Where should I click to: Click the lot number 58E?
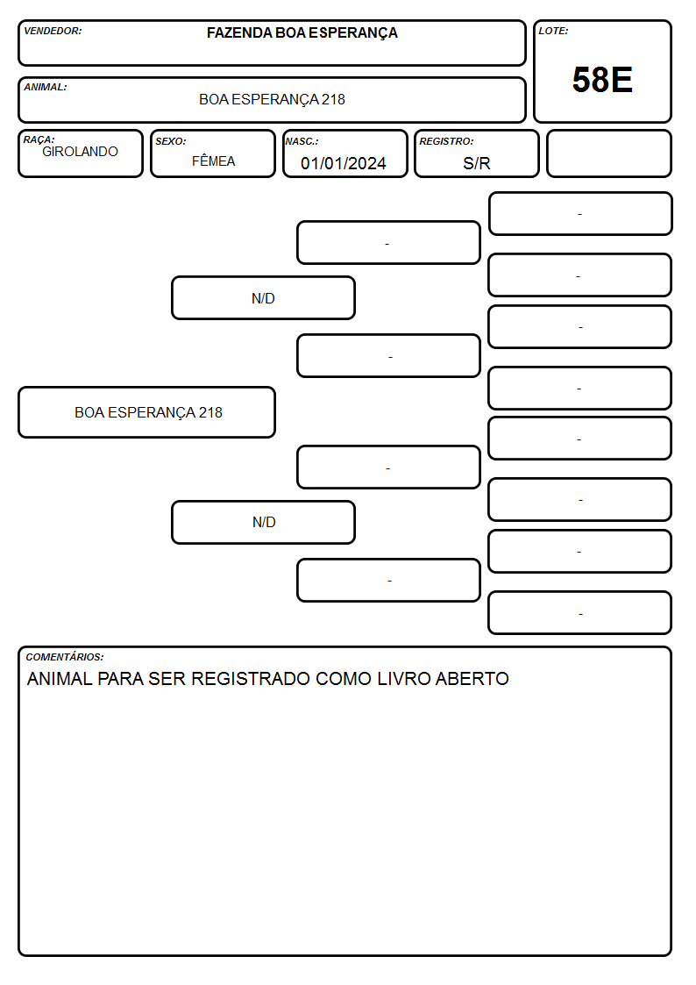[x=602, y=80]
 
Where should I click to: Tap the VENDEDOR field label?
[x=53, y=31]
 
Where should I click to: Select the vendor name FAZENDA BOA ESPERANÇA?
[x=302, y=32]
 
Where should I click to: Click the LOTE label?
[x=553, y=31]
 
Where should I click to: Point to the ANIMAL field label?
[x=46, y=88]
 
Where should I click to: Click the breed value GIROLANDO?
[x=80, y=152]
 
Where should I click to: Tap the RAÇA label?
[x=39, y=139]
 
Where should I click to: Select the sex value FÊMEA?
[x=213, y=161]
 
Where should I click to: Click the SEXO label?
[x=171, y=141]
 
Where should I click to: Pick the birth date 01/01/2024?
[x=344, y=163]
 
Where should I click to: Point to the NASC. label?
[x=302, y=141]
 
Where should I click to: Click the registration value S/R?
[x=476, y=163]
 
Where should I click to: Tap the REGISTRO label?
[x=446, y=141]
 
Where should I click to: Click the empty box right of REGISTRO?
[x=608, y=153]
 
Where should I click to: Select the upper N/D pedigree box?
[x=263, y=297]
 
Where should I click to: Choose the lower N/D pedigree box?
[x=263, y=522]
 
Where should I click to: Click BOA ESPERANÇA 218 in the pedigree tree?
[x=148, y=412]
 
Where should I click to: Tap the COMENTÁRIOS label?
[x=65, y=657]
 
